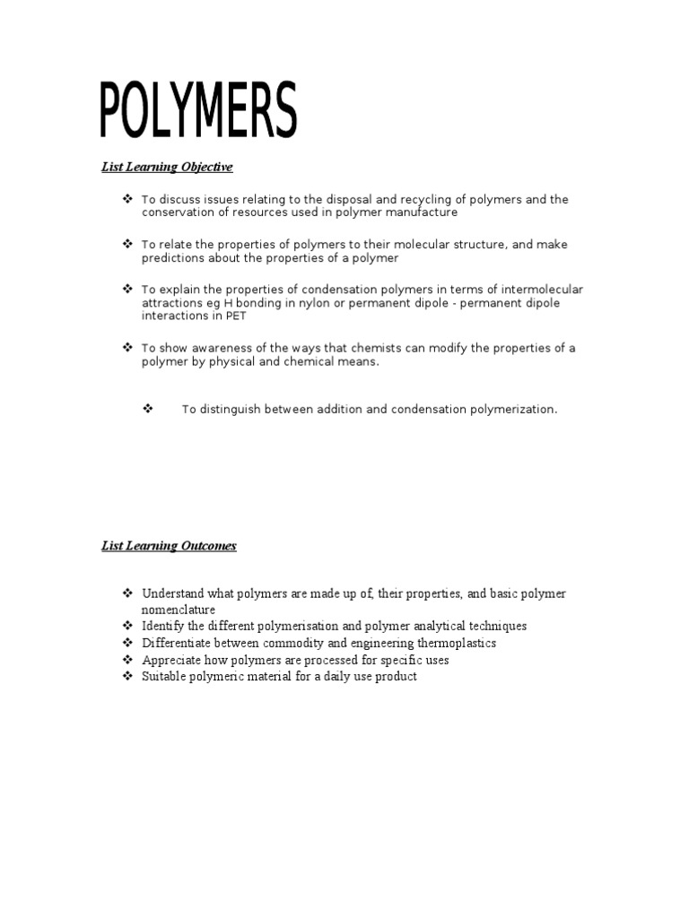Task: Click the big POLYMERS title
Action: click(x=197, y=111)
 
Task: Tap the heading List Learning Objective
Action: click(x=166, y=167)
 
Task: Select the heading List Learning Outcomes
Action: click(x=169, y=546)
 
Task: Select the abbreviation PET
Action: click(x=235, y=316)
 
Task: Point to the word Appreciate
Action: click(x=173, y=660)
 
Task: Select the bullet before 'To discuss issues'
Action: click(x=127, y=198)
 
